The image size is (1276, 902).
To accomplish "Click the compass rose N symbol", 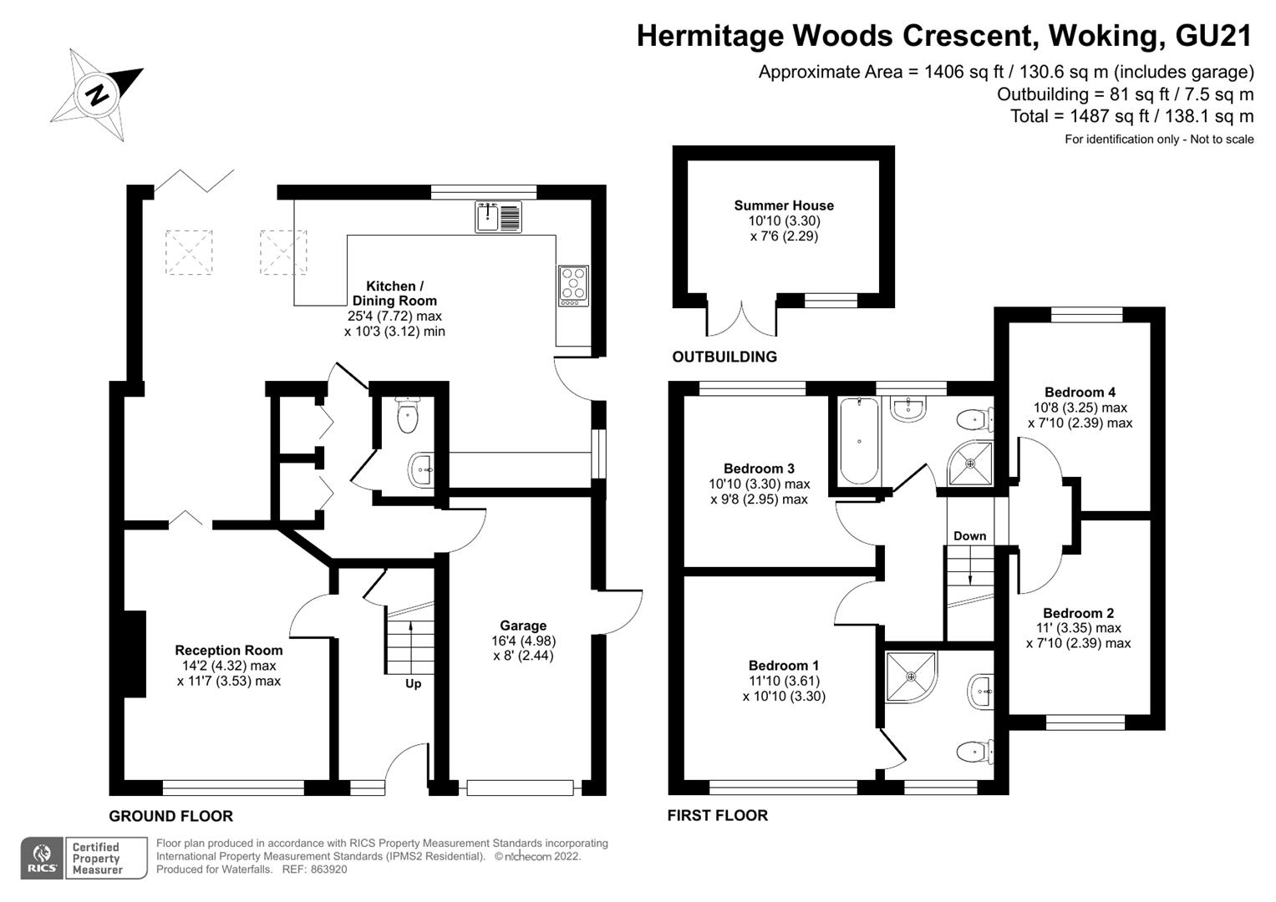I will [x=98, y=94].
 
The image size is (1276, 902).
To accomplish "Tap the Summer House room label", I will [x=784, y=205].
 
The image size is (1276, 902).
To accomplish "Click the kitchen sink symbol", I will [x=498, y=217].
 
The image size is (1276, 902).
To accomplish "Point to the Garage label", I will [x=523, y=626].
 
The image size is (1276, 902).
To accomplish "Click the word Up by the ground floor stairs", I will [x=413, y=683].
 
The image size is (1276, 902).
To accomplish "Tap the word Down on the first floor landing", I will [x=969, y=536].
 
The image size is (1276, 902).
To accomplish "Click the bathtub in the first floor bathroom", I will [x=858, y=440].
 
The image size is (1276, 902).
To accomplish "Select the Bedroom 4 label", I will [x=1080, y=393].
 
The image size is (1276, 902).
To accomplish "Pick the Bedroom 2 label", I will [x=1078, y=613].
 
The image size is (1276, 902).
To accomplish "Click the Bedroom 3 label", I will [x=759, y=469].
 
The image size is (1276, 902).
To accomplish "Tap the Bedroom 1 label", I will [x=783, y=666].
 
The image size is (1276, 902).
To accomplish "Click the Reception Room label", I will [x=229, y=651].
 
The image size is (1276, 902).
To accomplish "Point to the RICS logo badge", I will [x=42, y=858].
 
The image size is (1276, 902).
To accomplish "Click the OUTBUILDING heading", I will [x=724, y=357].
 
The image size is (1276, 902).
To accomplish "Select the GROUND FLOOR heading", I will [x=171, y=816].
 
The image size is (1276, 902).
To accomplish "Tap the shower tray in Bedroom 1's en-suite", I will [x=910, y=674].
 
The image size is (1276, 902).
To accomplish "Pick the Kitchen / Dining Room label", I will [x=394, y=293].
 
